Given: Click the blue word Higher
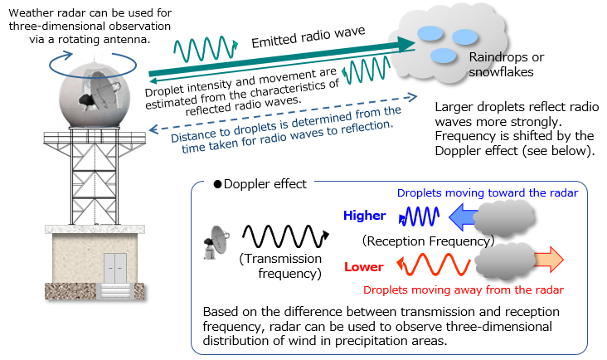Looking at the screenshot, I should (364, 216).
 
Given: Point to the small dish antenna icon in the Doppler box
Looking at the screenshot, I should (216, 241).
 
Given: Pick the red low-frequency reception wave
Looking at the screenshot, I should (428, 265).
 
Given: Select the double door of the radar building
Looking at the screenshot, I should (114, 263).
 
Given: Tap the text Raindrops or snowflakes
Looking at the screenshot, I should (506, 65).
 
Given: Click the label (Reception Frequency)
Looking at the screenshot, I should (428, 241).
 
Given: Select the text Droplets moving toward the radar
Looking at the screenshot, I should (487, 193).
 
